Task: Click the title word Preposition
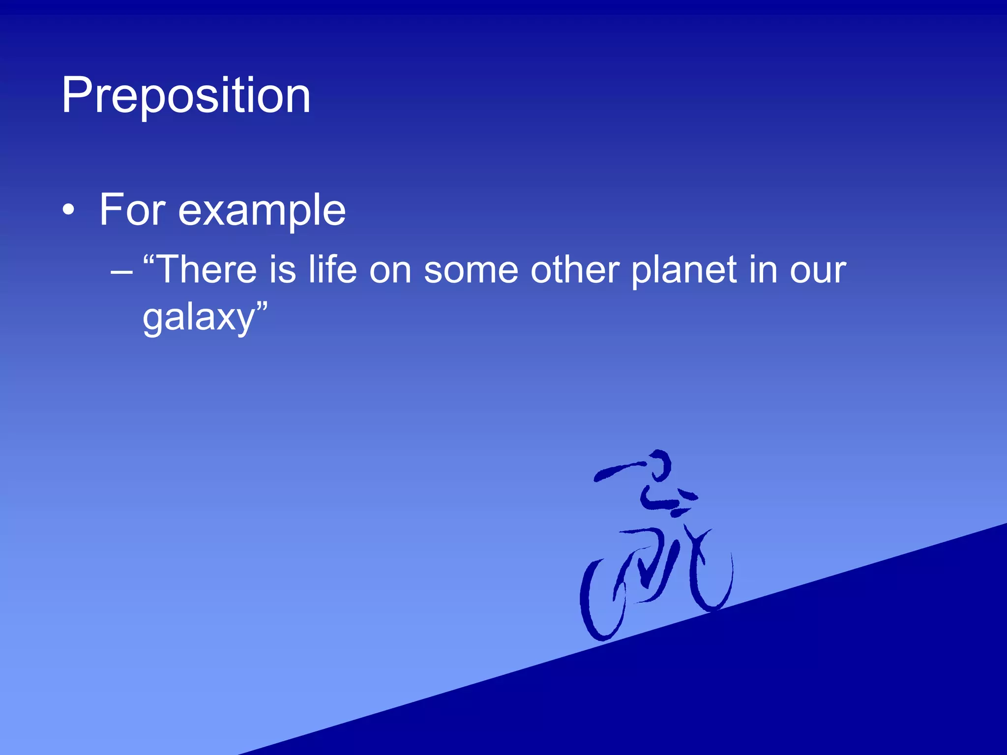tap(186, 96)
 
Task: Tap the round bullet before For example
tap(69, 211)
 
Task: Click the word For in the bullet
tap(132, 210)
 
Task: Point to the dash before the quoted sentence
tap(121, 271)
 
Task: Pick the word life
tap(332, 270)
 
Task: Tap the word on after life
tap(390, 271)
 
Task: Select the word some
tap(471, 271)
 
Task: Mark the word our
tap(818, 271)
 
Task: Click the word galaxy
tap(198, 318)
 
